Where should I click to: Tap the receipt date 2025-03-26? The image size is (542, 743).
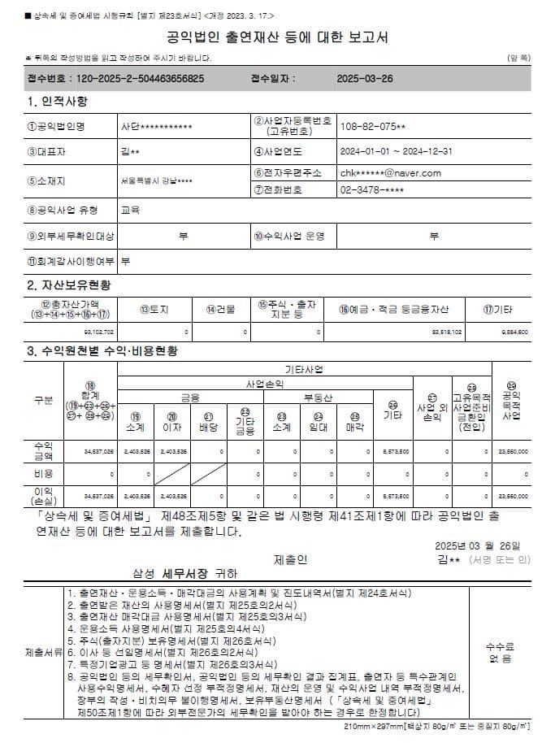coord(365,79)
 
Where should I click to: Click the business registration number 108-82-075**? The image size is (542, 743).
coord(373,128)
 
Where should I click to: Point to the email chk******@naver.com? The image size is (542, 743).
coord(390,173)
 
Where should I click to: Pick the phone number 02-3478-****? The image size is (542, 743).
coord(371,190)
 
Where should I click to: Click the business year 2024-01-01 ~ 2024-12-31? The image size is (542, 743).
coord(396,151)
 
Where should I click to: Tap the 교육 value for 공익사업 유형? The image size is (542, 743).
coord(130,211)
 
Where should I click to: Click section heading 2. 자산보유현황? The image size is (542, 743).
coord(69,285)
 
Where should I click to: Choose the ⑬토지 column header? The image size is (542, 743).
coord(153,309)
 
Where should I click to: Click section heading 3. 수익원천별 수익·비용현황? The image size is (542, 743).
coord(102,351)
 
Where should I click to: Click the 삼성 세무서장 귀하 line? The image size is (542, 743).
coord(185,572)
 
